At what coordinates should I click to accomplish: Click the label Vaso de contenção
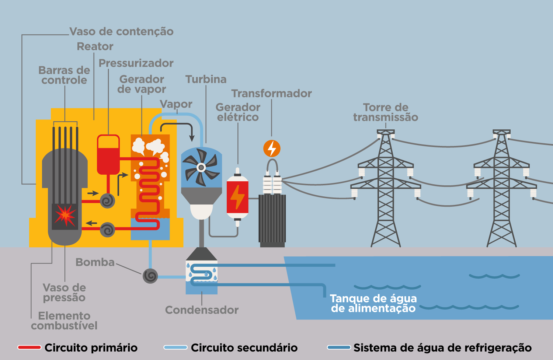click(121, 32)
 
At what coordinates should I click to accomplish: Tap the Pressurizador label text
click(136, 63)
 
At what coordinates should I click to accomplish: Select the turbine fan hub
click(201, 168)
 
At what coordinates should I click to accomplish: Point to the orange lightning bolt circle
click(272, 148)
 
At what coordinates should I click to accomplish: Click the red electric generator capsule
click(237, 197)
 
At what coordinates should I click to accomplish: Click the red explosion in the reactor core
click(65, 216)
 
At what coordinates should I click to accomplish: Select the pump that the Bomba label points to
click(150, 276)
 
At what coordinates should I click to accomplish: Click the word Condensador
click(202, 310)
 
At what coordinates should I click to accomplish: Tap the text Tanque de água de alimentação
click(373, 303)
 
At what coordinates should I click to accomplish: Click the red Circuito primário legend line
click(29, 347)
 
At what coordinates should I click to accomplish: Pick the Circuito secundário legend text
click(244, 347)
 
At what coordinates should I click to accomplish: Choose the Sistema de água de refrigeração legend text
click(442, 347)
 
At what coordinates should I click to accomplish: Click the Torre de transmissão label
click(386, 112)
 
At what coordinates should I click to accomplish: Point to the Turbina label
click(206, 79)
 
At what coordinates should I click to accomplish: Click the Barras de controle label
click(64, 75)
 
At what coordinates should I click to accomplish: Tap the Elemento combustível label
click(64, 321)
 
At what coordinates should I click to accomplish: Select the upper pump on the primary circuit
click(108, 201)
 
